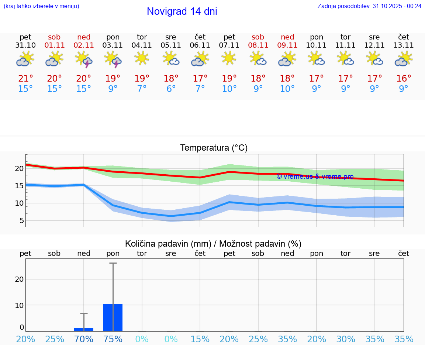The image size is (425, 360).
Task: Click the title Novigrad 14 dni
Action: coord(182,11)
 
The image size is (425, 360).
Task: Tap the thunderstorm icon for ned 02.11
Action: coord(84,59)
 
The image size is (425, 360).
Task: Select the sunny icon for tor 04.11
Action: coord(142,58)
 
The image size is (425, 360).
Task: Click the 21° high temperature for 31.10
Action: coord(25,78)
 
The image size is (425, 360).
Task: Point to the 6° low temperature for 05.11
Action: coord(171,89)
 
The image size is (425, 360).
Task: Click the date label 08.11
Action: coord(258,45)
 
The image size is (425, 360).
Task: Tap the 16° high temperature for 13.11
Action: coord(404,78)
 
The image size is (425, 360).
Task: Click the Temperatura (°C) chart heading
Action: coord(214,148)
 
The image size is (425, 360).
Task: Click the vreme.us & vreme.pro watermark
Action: coord(315,176)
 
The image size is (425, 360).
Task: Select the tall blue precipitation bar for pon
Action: coord(113,318)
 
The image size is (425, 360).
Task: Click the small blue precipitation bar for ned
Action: coord(84,329)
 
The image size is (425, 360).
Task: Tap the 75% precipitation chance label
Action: coord(113,339)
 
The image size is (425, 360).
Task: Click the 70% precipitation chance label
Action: coord(84,339)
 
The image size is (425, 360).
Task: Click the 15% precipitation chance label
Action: coord(200,339)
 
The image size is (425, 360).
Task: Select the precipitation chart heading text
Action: coord(213,244)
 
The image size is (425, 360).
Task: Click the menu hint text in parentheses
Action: coord(41,6)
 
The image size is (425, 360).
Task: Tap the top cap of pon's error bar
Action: coord(113,263)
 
